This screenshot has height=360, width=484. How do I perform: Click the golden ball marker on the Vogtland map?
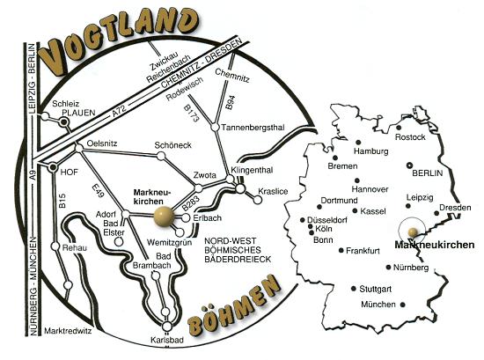tap(164, 216)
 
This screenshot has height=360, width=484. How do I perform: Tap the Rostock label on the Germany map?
tap(410, 137)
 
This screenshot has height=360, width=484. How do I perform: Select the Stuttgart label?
tap(378, 288)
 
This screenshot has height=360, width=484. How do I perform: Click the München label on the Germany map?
tap(378, 305)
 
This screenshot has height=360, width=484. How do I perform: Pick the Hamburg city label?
tap(370, 151)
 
